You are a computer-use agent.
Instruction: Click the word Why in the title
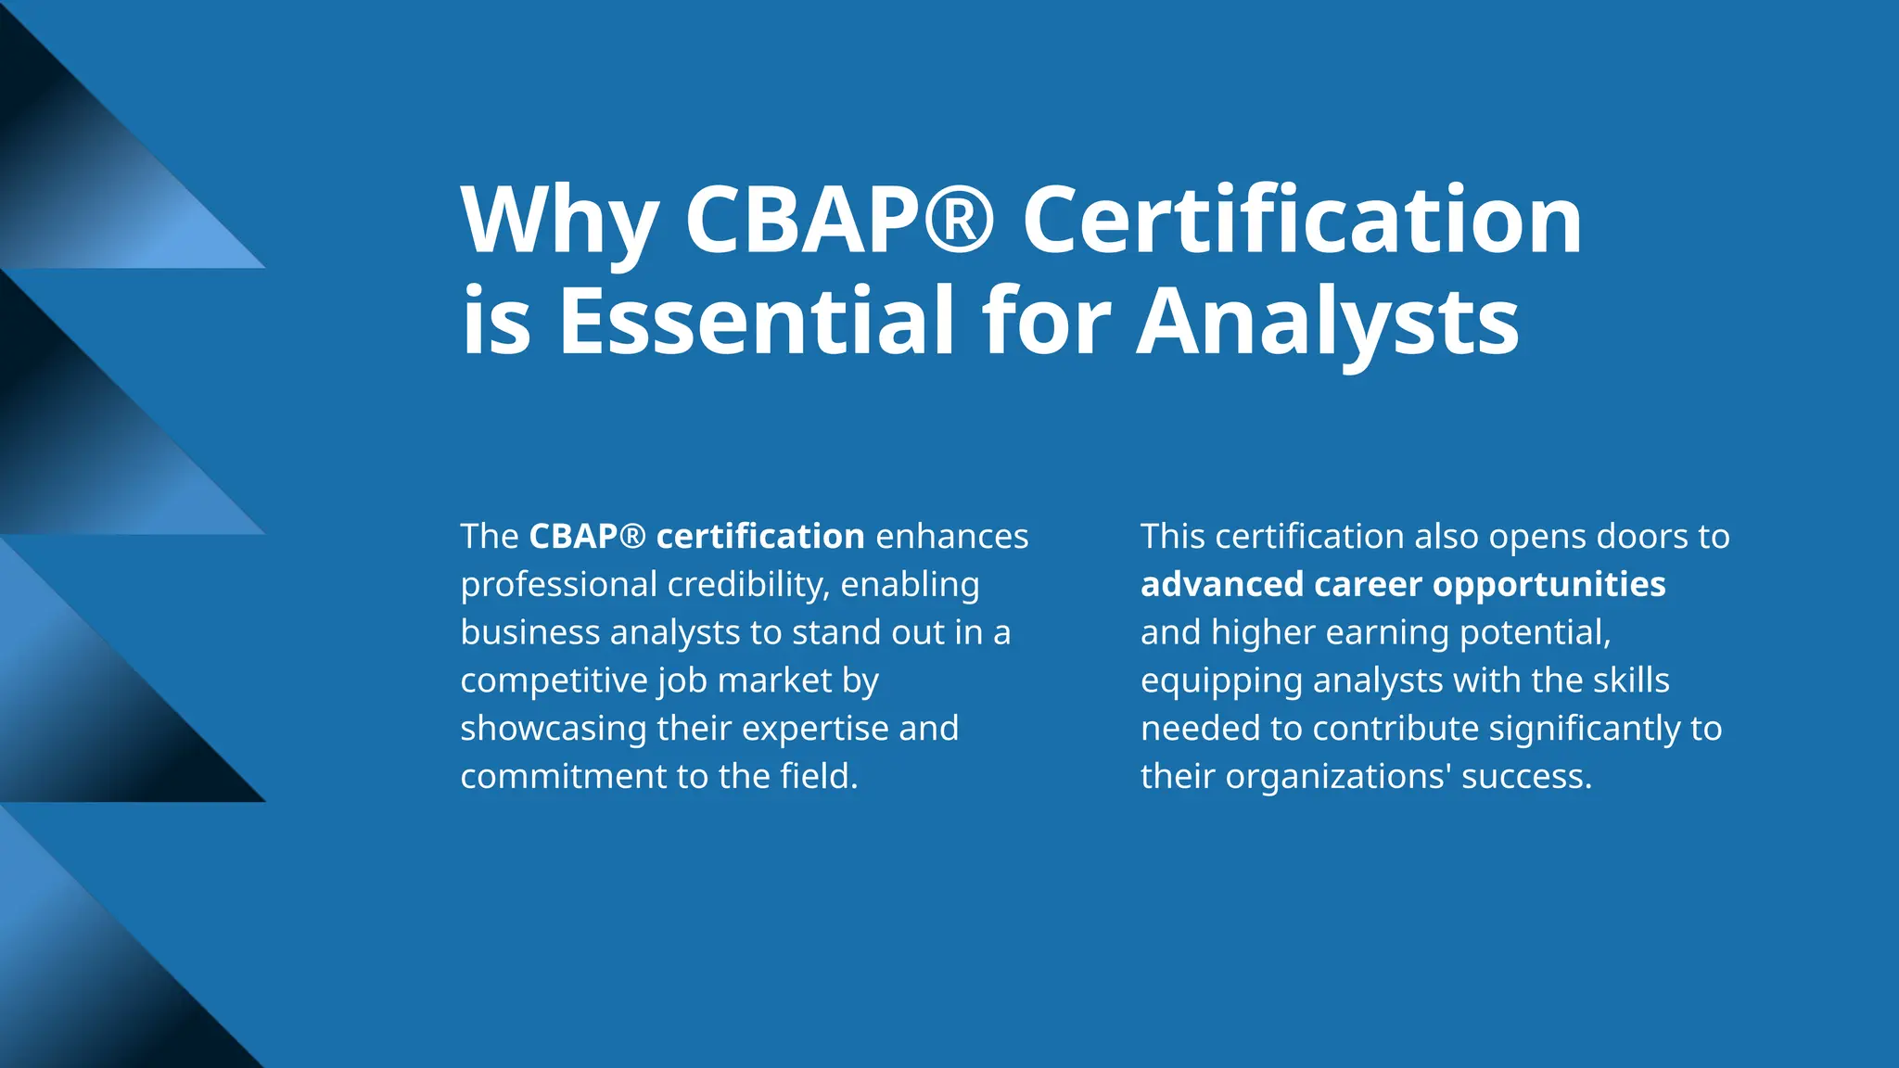559,222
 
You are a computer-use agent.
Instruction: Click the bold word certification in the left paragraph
760,537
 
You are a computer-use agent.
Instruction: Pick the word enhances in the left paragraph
951,537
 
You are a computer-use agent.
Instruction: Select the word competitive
554,680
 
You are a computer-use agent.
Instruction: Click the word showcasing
554,729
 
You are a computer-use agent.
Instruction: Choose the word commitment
564,777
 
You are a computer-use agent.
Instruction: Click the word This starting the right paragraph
1173,537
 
